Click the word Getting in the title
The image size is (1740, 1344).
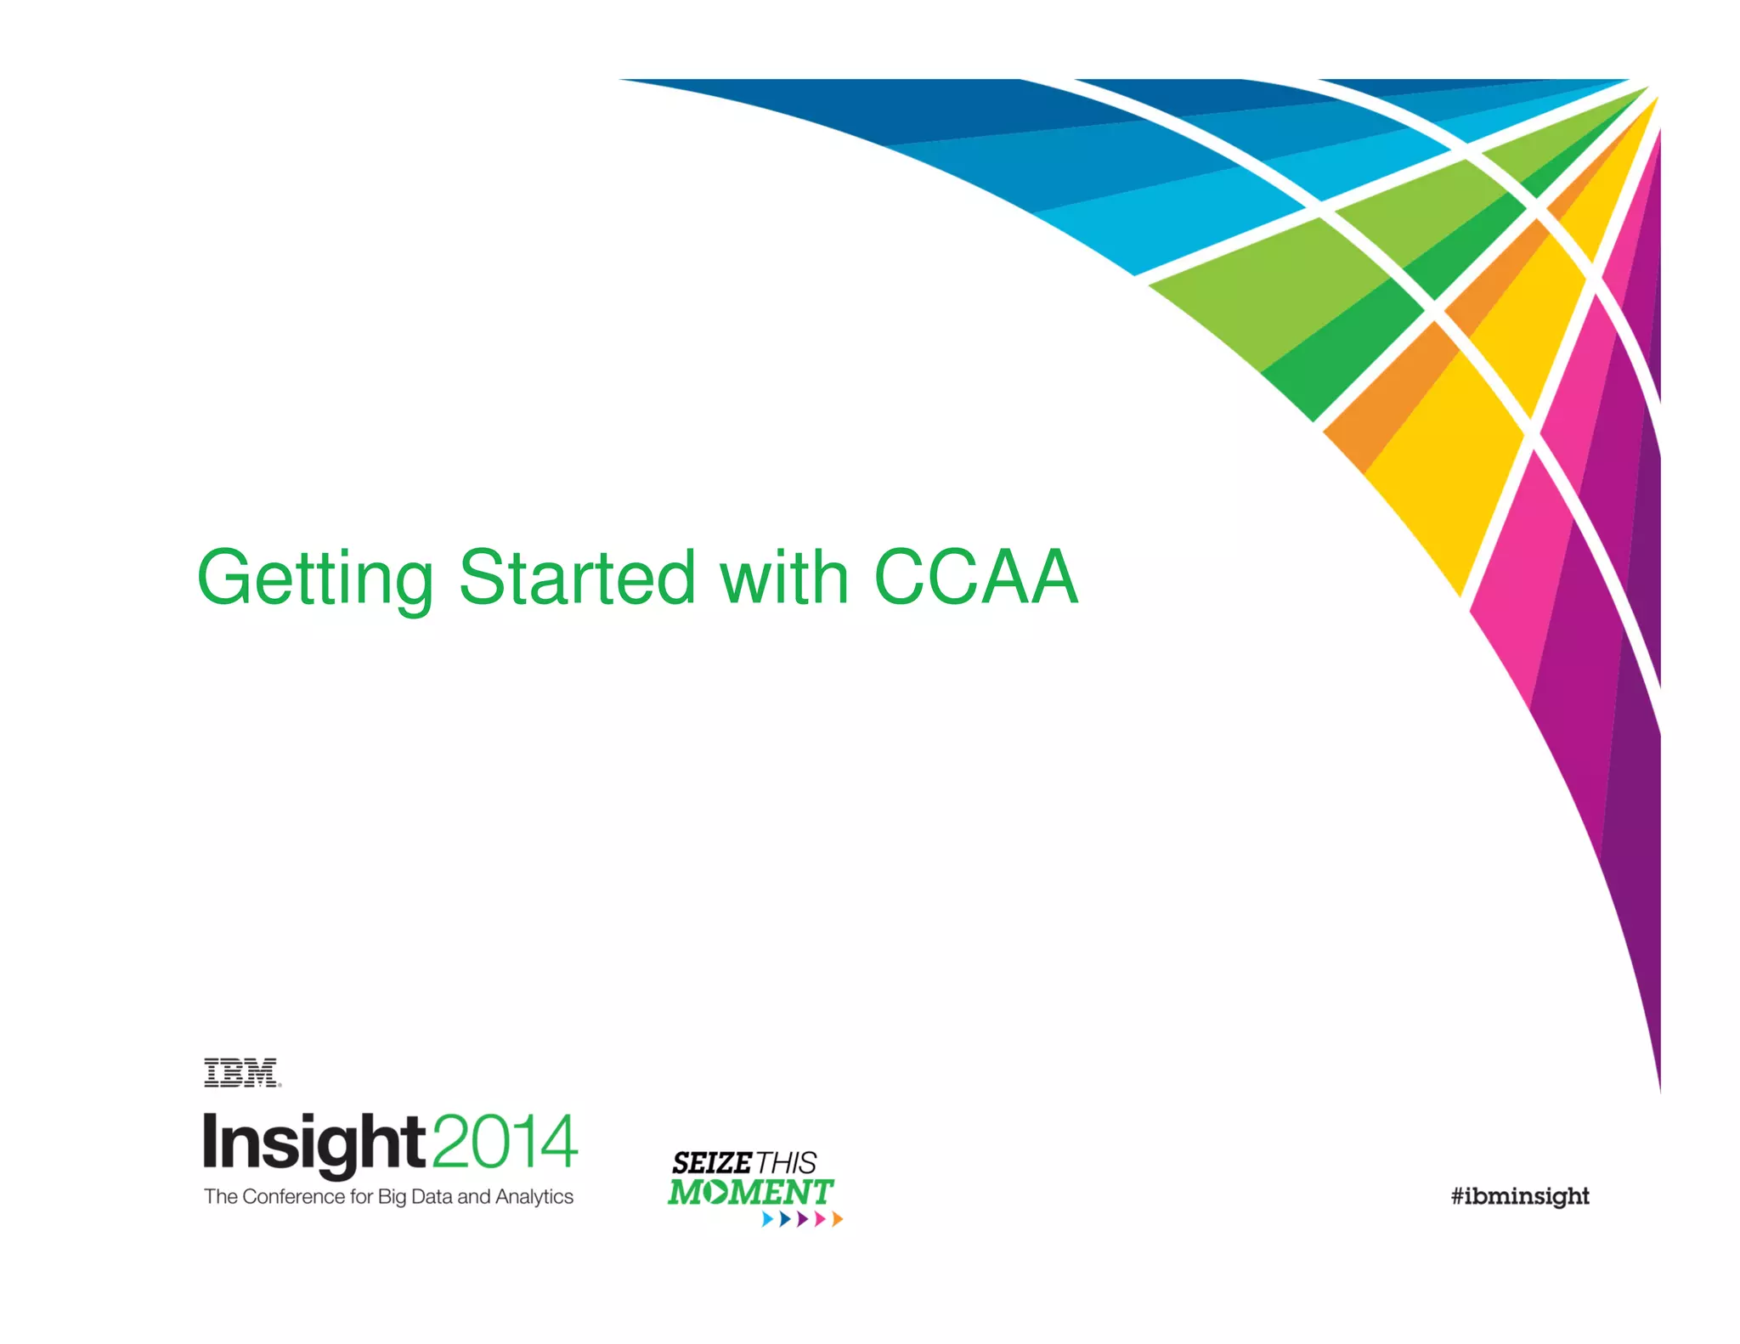point(315,579)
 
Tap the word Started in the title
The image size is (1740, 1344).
point(578,577)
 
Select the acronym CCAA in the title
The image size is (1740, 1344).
point(976,577)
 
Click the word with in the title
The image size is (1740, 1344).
point(784,577)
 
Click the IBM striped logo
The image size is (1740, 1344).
point(240,1073)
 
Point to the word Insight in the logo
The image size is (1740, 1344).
point(313,1143)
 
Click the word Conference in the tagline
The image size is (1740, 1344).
point(294,1196)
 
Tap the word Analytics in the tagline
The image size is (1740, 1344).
point(534,1196)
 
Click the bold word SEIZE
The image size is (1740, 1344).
point(712,1162)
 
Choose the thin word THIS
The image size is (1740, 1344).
point(787,1162)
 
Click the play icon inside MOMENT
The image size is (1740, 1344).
point(717,1192)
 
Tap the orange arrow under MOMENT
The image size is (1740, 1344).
point(837,1219)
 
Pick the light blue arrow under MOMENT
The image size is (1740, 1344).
point(766,1219)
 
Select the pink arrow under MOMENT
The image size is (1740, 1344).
point(819,1219)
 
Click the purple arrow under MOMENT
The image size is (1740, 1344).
point(801,1219)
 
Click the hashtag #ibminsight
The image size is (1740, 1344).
point(1520,1196)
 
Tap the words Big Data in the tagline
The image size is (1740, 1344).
point(415,1196)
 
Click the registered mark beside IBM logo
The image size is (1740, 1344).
point(280,1085)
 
